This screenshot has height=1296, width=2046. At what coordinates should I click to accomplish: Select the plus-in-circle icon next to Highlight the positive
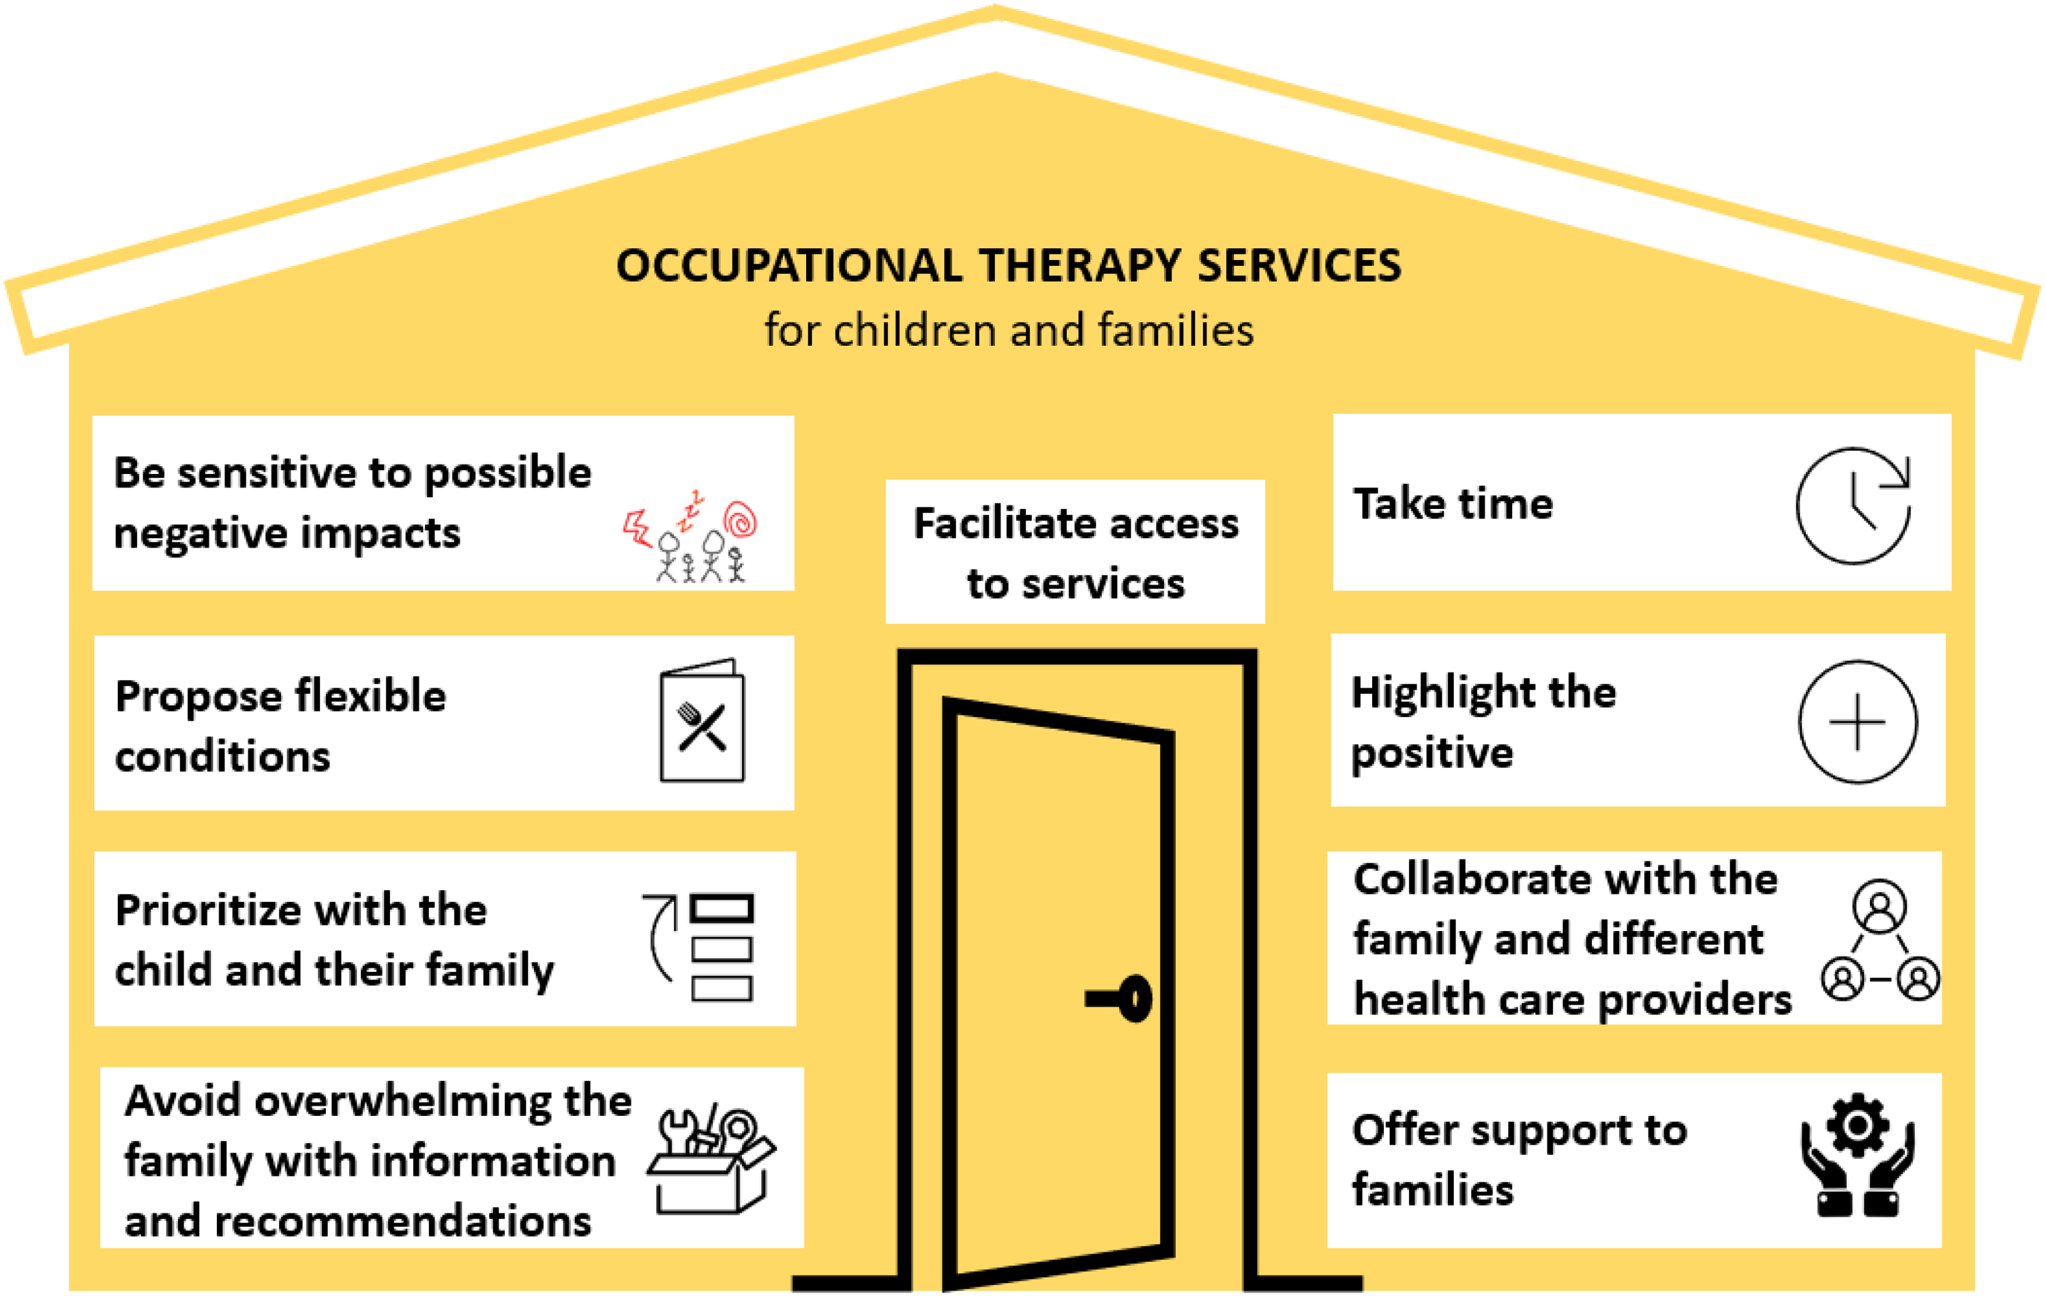1857,722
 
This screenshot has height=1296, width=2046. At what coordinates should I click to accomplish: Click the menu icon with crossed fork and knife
702,721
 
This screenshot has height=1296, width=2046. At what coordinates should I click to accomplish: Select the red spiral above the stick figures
740,520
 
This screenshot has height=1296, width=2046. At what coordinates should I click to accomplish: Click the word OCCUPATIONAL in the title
789,266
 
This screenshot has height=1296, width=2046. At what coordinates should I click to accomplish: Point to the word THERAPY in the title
1079,266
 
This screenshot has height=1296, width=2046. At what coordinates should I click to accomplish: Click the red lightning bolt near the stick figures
636,528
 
